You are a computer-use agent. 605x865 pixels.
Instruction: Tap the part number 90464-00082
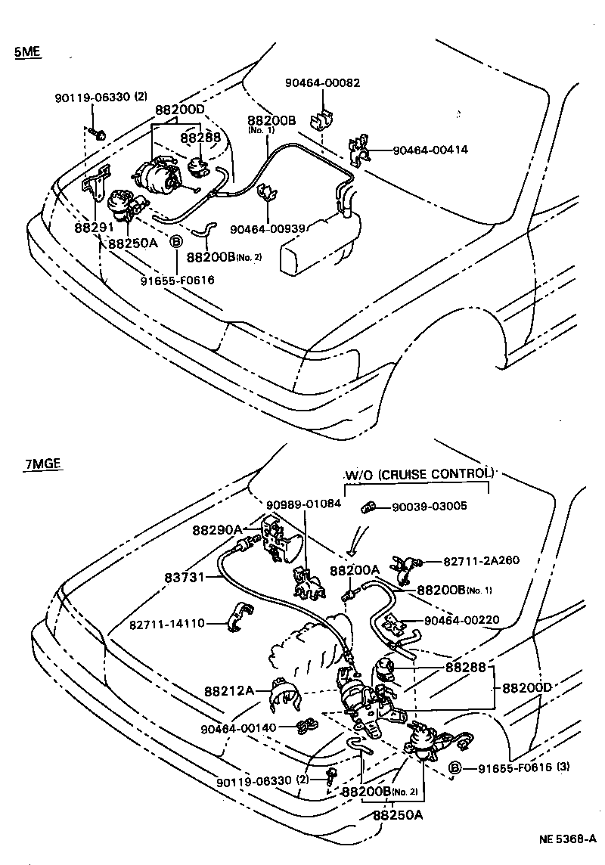coord(323,82)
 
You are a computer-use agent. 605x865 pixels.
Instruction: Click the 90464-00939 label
coord(268,230)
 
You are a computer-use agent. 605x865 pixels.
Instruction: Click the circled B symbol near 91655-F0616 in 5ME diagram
coord(175,242)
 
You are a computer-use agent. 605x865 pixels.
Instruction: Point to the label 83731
coord(185,577)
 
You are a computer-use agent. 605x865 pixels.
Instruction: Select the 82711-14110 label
coord(166,625)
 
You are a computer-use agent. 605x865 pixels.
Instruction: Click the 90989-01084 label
coord(303,503)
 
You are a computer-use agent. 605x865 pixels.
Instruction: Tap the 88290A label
coord(217,530)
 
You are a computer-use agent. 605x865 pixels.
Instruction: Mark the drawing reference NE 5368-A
coord(568,839)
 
